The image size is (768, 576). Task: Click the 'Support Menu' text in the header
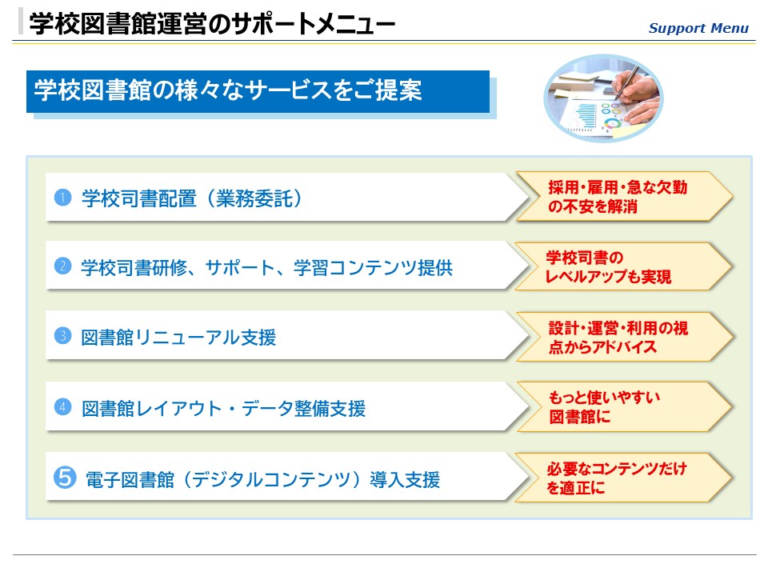pyautogui.click(x=698, y=29)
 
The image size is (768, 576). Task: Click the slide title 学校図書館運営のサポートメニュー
pyautogui.click(x=212, y=23)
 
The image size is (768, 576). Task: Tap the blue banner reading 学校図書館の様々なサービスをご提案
pyautogui.click(x=258, y=91)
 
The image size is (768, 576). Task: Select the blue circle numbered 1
pyautogui.click(x=62, y=198)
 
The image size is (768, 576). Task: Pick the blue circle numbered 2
pyautogui.click(x=62, y=266)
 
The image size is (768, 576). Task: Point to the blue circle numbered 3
pyautogui.click(x=62, y=336)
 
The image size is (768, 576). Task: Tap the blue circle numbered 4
pyautogui.click(x=62, y=407)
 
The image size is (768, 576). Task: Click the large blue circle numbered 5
pyautogui.click(x=65, y=477)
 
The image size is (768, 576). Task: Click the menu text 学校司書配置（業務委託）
pyautogui.click(x=192, y=198)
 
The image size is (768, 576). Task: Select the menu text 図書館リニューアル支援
pyautogui.click(x=178, y=338)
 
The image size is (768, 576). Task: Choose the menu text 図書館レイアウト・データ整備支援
pyautogui.click(x=223, y=409)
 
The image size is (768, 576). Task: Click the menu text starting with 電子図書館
pyautogui.click(x=262, y=479)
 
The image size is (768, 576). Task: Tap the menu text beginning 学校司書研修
pyautogui.click(x=267, y=268)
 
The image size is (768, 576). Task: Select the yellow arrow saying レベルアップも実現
pyautogui.click(x=623, y=267)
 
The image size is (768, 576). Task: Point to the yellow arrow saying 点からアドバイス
pyautogui.click(x=625, y=337)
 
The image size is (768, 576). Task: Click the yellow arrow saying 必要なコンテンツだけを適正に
pyautogui.click(x=623, y=478)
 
